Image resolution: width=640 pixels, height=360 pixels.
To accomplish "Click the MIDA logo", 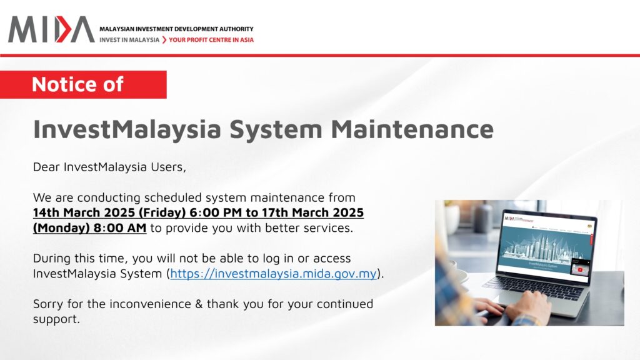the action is click(x=51, y=29).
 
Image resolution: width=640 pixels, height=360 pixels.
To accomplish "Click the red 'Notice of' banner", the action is click(x=83, y=84).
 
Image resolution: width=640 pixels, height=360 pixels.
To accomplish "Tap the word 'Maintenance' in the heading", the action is click(x=412, y=129).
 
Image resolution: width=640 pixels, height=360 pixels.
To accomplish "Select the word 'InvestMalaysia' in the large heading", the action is click(x=127, y=129).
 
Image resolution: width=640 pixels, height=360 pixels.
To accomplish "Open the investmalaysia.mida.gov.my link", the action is click(x=273, y=274).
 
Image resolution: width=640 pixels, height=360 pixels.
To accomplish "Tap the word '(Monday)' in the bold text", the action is click(x=61, y=228).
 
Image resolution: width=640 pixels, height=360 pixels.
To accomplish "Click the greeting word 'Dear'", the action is click(x=46, y=167).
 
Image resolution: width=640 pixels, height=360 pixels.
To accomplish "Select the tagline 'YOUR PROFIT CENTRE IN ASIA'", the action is click(x=211, y=40).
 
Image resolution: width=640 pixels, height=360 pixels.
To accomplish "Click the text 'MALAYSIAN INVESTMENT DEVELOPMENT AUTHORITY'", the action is click(x=176, y=29).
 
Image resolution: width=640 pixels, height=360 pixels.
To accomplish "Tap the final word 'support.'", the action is click(x=56, y=319).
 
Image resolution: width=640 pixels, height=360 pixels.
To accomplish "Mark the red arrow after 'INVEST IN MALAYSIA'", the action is click(x=164, y=40).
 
